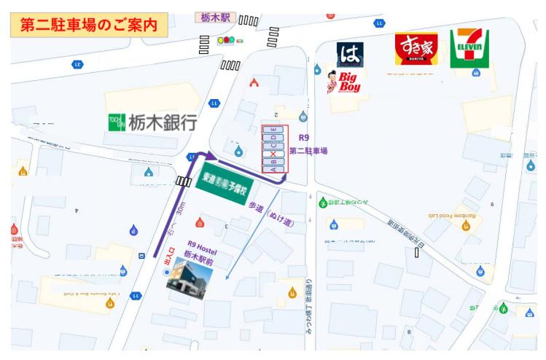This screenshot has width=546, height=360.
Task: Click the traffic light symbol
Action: point(227,40)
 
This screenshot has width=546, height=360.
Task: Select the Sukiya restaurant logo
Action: point(416,49)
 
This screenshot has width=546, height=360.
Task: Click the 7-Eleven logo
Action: point(469,49)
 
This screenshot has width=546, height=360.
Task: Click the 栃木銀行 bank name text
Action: point(163,122)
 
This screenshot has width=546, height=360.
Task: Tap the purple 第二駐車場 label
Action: point(308,152)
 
